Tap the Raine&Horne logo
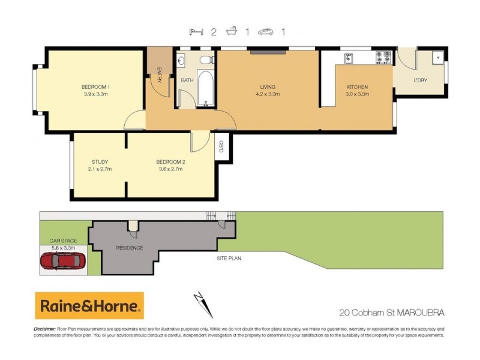coord(89,306)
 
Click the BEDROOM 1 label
coord(95,87)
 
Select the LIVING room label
coord(267,87)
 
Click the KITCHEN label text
coord(357,87)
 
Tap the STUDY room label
coord(100,162)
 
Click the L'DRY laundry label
coord(420,80)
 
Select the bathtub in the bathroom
coord(205,89)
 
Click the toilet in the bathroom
coord(206,59)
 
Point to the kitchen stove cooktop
coord(383,58)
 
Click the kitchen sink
coord(349,58)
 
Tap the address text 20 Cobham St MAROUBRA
coord(391,312)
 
